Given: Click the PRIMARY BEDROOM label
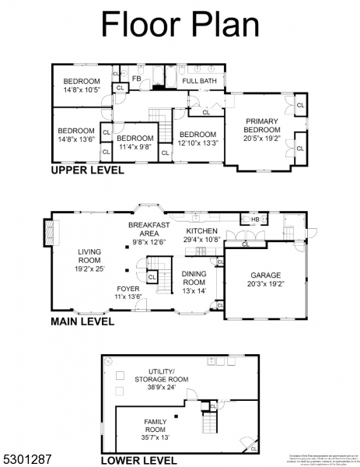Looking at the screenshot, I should click(x=262, y=125).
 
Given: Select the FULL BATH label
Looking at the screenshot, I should click(x=199, y=80).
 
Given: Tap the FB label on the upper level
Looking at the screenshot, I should click(x=136, y=79).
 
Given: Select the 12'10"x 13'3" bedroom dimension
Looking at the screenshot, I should click(x=196, y=142).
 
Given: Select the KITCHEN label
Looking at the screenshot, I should click(x=201, y=231).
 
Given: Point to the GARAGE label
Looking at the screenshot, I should click(x=266, y=276).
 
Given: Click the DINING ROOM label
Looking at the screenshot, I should click(x=193, y=278).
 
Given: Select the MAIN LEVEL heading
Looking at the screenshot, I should click(x=82, y=321).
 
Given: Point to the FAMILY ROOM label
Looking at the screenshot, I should click(x=156, y=425).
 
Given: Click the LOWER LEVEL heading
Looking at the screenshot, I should click(x=144, y=460).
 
